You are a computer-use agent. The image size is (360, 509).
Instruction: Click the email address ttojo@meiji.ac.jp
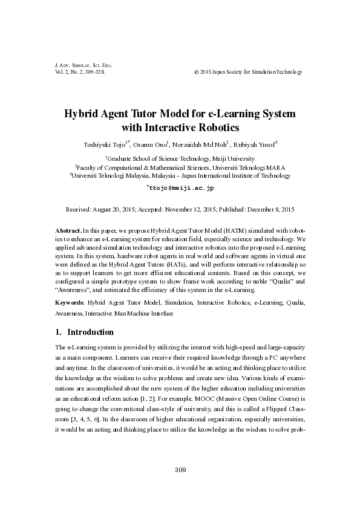[182, 189]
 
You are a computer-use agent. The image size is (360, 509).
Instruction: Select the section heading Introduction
[90, 332]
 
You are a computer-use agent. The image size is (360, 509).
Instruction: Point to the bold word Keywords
[69, 301]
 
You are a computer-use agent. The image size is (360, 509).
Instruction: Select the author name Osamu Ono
[150, 144]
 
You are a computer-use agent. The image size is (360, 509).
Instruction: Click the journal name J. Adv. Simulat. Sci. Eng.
[80, 65]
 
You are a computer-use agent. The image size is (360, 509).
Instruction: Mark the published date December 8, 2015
[267, 209]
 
